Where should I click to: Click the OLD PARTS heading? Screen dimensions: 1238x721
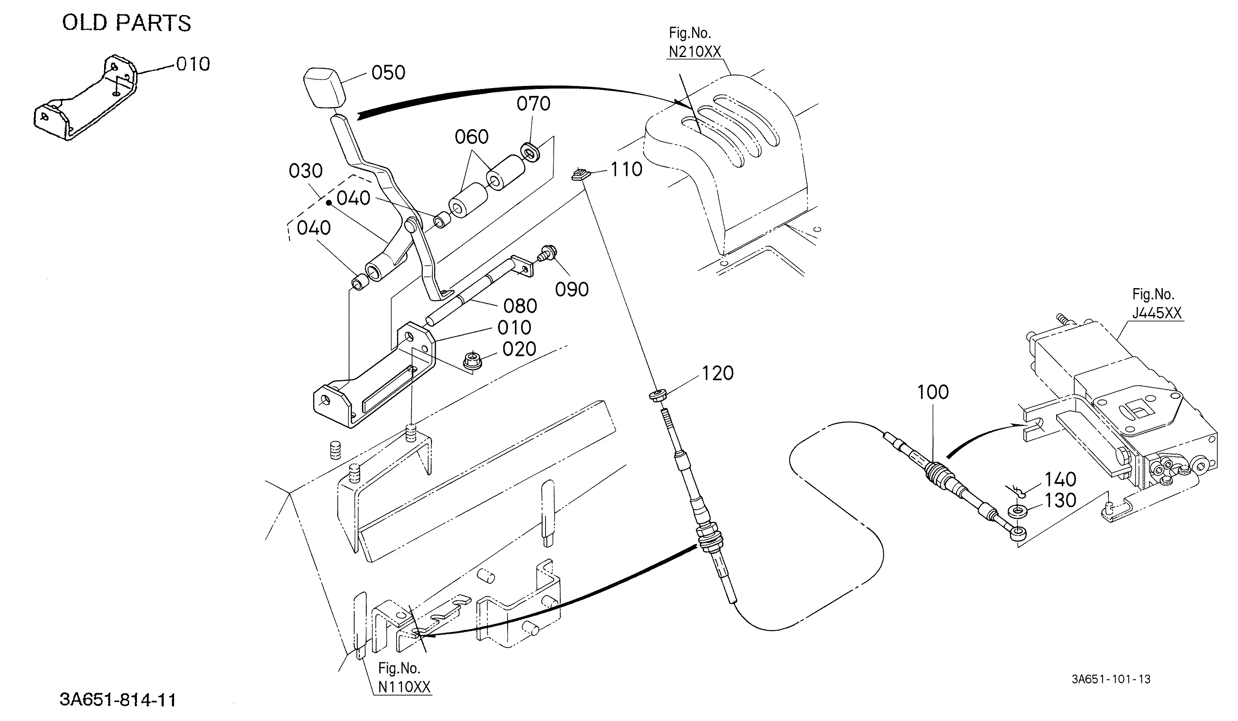pyautogui.click(x=127, y=23)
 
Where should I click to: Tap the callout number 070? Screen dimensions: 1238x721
pyautogui.click(x=533, y=104)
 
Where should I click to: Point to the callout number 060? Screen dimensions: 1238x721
pyautogui.click(x=472, y=137)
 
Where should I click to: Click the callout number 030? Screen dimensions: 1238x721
pyautogui.click(x=305, y=171)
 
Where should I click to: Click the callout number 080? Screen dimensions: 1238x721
pyautogui.click(x=520, y=306)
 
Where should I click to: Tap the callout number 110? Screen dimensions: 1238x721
pyautogui.click(x=626, y=169)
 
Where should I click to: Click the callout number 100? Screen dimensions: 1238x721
pyautogui.click(x=933, y=392)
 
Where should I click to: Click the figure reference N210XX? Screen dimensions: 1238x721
pyautogui.click(x=695, y=51)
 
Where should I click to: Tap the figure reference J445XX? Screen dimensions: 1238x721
pyautogui.click(x=1157, y=313)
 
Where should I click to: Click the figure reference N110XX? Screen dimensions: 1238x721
pyautogui.click(x=404, y=686)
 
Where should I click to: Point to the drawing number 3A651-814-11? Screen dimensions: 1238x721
pyautogui.click(x=117, y=699)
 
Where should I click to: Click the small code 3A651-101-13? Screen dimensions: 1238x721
pyautogui.click(x=1111, y=679)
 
